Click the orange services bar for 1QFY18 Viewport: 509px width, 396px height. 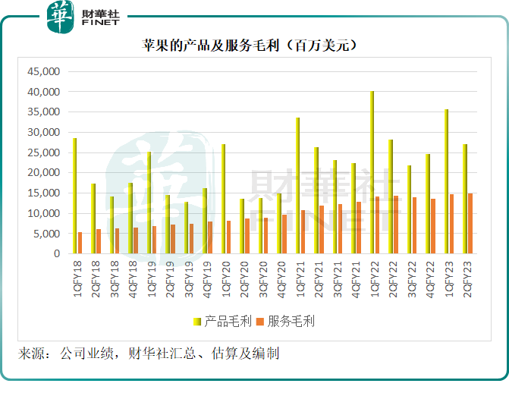80,243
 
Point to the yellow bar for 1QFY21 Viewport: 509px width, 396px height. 297,186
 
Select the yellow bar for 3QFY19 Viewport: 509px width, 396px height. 186,228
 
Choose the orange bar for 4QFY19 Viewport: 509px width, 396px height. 209,237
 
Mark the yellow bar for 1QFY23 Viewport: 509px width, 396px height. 446,182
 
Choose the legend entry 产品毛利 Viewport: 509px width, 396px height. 223,321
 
